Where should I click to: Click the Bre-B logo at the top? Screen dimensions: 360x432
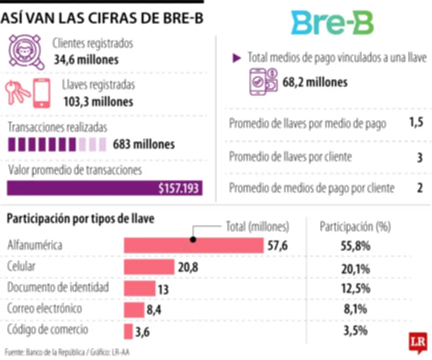point(333,22)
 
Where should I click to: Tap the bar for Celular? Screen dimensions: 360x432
point(149,266)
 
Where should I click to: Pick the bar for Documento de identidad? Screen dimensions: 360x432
point(139,288)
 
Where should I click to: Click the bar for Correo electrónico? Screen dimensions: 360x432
point(133,309)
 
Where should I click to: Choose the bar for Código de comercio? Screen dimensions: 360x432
point(128,331)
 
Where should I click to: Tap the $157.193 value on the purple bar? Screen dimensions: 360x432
point(178,188)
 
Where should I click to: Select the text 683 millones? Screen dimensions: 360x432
point(144,144)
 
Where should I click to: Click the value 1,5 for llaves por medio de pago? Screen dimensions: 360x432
point(416,123)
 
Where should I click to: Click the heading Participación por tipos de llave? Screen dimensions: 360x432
point(80,219)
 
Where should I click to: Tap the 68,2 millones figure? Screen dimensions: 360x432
point(315,82)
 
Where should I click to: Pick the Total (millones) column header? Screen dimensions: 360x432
point(256,226)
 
